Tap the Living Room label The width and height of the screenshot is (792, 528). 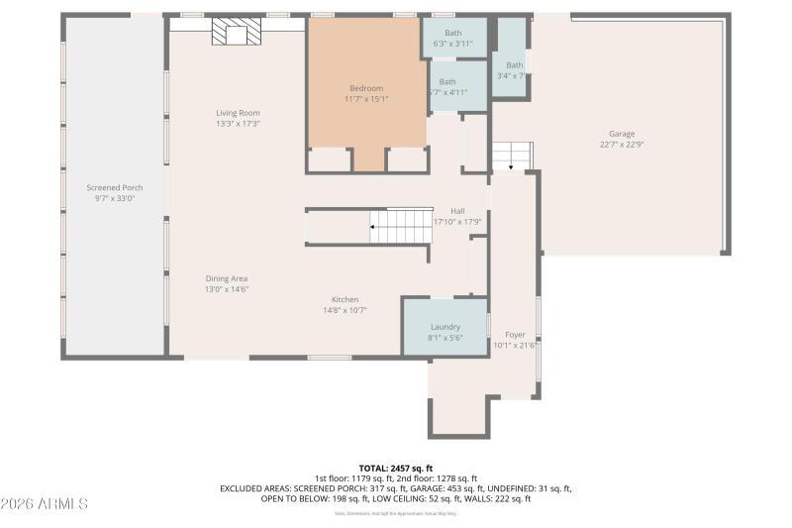238,113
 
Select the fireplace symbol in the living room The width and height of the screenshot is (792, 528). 236,36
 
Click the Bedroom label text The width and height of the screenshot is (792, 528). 366,88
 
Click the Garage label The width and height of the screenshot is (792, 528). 622,134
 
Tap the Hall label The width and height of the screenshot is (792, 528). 457,210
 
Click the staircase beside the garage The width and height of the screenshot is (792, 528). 512,156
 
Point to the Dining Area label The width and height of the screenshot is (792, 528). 226,278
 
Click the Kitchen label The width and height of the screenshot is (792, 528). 345,299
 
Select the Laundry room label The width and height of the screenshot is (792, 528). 445,327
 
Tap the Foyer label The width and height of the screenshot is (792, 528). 515,335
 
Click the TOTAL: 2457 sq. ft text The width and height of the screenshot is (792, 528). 396,468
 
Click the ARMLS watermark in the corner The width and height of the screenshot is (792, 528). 45,503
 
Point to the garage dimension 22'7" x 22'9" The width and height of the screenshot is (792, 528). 622,145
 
